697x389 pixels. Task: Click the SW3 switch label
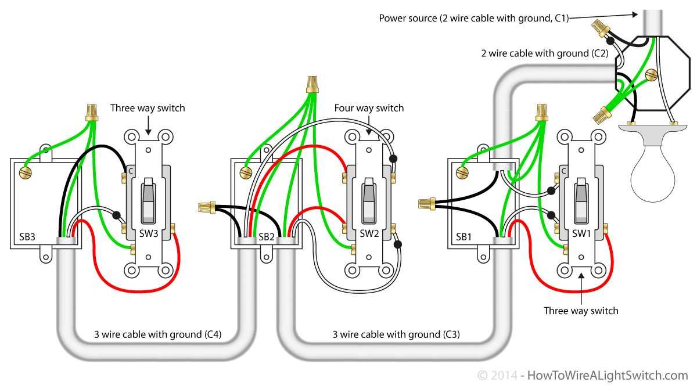148,233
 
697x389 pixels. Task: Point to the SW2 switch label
369,233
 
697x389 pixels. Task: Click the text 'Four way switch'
369,108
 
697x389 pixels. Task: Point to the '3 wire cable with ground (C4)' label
157,334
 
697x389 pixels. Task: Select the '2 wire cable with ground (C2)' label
544,53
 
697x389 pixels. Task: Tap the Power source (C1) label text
473,18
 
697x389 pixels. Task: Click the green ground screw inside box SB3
24,172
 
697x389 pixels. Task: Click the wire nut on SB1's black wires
426,203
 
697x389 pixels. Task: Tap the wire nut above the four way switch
313,84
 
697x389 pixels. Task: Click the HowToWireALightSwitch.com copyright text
583,376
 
